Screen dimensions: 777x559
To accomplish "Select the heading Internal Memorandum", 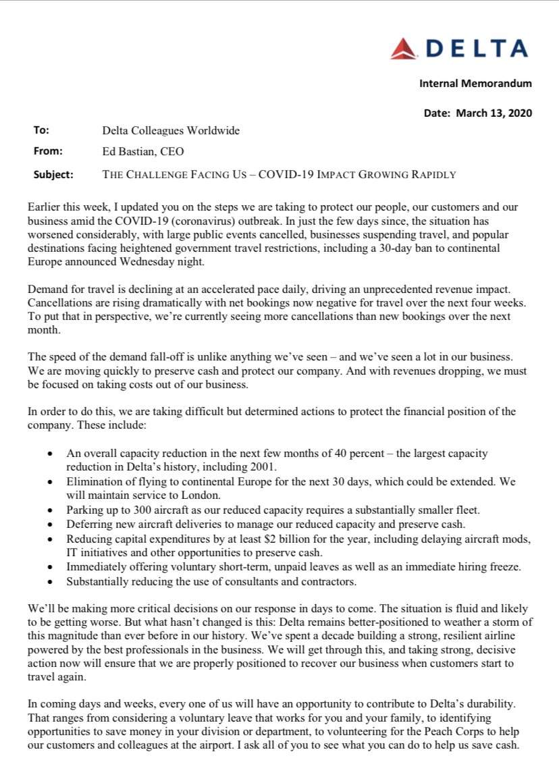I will click(475, 84).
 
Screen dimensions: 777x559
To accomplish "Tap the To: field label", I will click(41, 130).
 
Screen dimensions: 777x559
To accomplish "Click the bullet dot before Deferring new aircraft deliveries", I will click(50, 524).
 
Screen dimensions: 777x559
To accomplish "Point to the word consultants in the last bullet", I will click(226, 581).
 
